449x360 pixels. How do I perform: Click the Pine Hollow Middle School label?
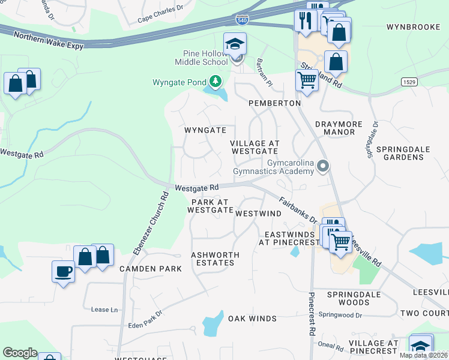pos(201,57)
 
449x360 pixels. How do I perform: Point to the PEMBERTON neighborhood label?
pos(275,103)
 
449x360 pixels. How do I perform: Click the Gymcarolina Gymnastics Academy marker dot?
pos(324,166)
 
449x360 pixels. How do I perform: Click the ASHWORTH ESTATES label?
pos(215,259)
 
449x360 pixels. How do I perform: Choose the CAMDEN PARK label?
pos(150,269)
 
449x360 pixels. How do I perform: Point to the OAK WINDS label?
pos(252,319)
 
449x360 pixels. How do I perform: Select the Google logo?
pos(20,353)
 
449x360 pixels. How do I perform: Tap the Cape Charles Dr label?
pos(160,13)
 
